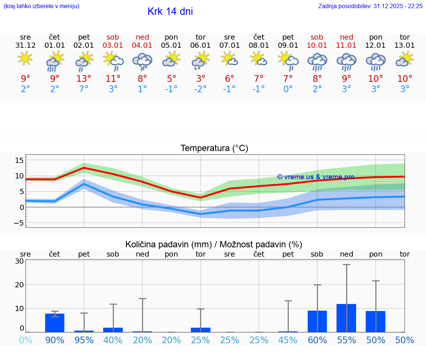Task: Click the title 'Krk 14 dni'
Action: point(170,11)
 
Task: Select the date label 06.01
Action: point(200,46)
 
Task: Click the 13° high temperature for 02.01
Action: point(84,78)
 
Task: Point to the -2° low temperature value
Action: point(200,89)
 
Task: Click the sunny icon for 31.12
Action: point(25,58)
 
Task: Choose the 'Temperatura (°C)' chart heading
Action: point(214,148)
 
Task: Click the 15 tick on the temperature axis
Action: point(19,160)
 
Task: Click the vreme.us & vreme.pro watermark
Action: point(315,177)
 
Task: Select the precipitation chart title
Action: point(214,244)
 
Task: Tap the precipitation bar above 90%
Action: point(55,322)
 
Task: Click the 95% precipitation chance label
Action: point(84,340)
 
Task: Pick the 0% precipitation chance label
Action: point(26,340)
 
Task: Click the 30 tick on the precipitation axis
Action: point(20,261)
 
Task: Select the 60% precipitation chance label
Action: point(317,340)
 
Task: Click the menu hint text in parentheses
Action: point(41,6)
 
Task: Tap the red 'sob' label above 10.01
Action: point(317,37)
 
